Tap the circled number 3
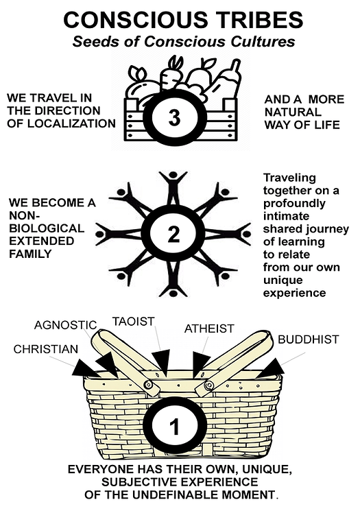174,117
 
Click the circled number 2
174,234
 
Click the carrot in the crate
170,75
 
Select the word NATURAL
293,112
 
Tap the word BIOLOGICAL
47,228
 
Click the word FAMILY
30,254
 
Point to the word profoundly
294,204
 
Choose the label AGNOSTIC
65,325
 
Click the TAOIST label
134,322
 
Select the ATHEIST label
209,329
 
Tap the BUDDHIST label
308,339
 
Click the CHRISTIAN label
46,349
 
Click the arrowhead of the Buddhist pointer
272,368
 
